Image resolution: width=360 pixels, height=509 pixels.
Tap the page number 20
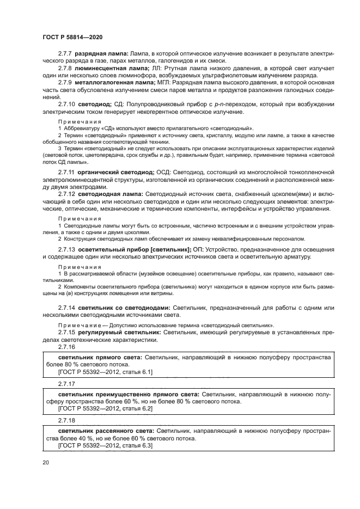pyautogui.click(x=46, y=462)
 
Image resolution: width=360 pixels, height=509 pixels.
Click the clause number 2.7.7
pyautogui.click(x=65, y=55)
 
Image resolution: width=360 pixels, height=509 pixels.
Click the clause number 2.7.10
pyautogui.click(x=67, y=103)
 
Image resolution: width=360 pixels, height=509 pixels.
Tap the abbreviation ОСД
pyautogui.click(x=166, y=172)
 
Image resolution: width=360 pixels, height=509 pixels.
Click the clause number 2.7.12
pyautogui.click(x=67, y=194)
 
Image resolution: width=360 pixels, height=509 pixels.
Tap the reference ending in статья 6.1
pyautogui.click(x=105, y=372)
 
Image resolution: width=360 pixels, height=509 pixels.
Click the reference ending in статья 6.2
pyautogui.click(x=105, y=408)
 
